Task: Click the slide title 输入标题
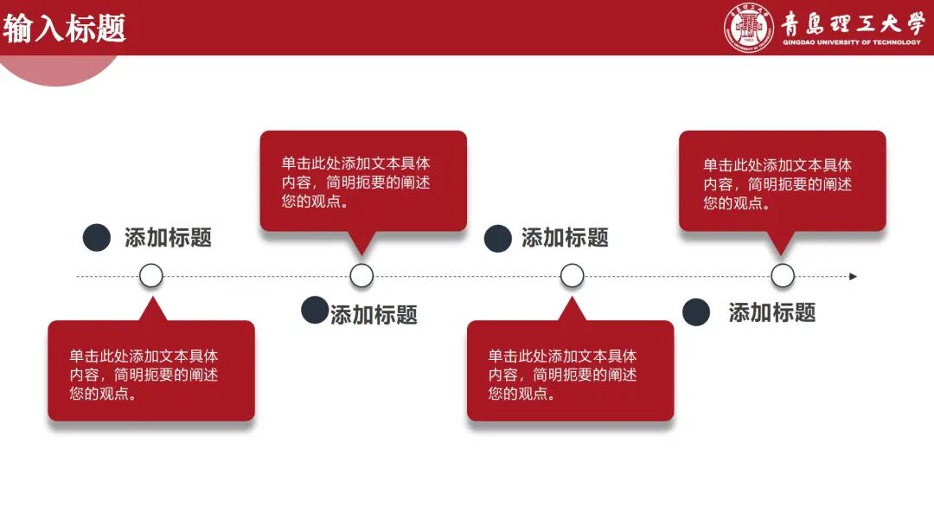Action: click(65, 29)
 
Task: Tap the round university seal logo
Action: click(748, 29)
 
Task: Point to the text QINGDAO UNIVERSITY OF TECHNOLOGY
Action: click(852, 42)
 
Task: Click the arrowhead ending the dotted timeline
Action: click(853, 277)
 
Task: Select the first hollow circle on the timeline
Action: click(151, 276)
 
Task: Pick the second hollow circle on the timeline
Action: click(361, 276)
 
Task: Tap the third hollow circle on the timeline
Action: click(572, 276)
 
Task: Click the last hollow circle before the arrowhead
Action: click(783, 276)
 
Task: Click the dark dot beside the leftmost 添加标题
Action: click(97, 238)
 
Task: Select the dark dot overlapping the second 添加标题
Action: click(315, 310)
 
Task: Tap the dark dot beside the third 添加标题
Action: click(497, 238)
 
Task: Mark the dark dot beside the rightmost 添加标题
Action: click(696, 312)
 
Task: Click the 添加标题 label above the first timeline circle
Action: click(168, 238)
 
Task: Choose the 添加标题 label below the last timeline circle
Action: click(772, 312)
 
